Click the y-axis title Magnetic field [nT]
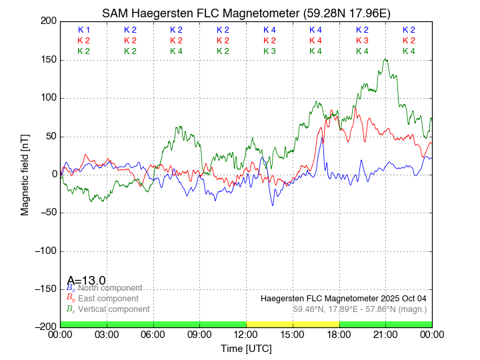[25, 173]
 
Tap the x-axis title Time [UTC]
[246, 349]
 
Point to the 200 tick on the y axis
[48, 21]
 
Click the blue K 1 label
[84, 30]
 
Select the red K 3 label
[362, 41]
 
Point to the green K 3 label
[269, 51]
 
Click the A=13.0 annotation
[86, 281]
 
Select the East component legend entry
[108, 299]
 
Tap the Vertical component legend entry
[113, 309]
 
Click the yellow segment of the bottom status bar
[293, 324]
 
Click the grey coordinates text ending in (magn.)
[360, 309]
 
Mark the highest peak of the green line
[385, 59]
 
